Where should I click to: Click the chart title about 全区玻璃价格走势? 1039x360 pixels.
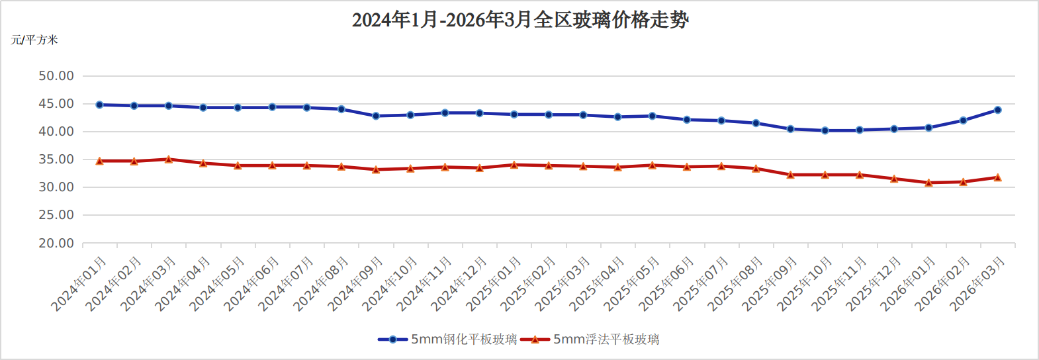(520, 20)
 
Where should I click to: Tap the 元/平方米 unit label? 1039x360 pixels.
(34, 40)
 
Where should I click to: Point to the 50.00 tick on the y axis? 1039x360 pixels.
(56, 76)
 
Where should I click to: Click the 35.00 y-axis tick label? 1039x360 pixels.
(56, 159)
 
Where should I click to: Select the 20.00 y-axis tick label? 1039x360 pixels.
(56, 244)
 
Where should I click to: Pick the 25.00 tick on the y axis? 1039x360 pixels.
(56, 215)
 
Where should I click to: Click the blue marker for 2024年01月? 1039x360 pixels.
(100, 105)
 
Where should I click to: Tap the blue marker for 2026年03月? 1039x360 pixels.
(997, 110)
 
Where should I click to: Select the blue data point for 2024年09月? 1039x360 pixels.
(376, 116)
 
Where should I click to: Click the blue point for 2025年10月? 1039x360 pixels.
(825, 130)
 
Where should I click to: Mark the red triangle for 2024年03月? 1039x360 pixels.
(169, 159)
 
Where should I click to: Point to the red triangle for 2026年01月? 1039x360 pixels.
(928, 183)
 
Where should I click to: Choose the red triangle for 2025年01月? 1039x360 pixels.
(514, 164)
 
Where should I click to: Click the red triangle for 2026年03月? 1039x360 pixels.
(997, 177)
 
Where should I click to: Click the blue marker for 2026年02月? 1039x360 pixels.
(963, 120)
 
